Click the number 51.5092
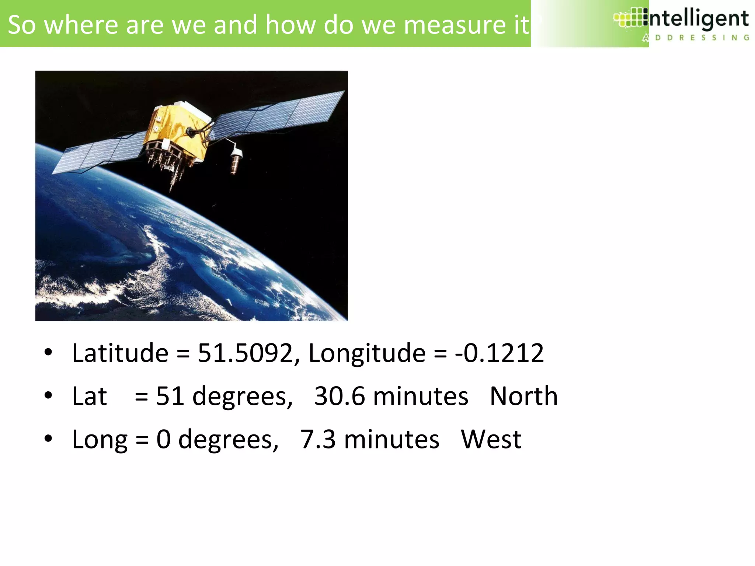click(x=245, y=353)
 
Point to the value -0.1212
click(x=500, y=353)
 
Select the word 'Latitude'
click(x=120, y=353)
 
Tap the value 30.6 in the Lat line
click(x=340, y=396)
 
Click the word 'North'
click(x=523, y=396)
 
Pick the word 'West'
click(x=491, y=439)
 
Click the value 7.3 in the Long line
click(x=318, y=439)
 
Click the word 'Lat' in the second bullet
click(x=90, y=396)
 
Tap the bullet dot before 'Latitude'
click(x=48, y=353)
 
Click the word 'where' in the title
click(x=81, y=25)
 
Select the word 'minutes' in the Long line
click(x=392, y=439)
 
